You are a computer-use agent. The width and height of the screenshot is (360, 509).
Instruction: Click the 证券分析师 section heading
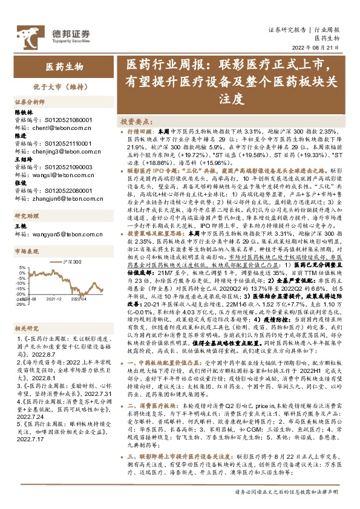coord(30,102)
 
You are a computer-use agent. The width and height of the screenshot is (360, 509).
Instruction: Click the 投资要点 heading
coord(137,121)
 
